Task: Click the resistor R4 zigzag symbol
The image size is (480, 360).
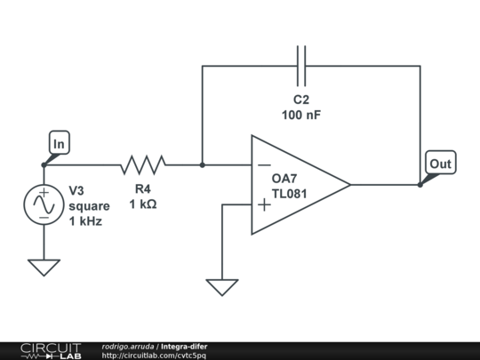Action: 143,165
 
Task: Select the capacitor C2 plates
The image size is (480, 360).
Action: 301,66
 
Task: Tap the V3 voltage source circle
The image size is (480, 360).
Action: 44,204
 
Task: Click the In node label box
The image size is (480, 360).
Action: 60,142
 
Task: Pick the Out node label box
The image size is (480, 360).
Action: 441,163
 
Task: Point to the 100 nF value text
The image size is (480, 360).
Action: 301,115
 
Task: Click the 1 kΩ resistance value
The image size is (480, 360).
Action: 143,204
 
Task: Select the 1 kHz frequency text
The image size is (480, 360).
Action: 85,221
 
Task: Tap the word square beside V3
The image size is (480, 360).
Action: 89,206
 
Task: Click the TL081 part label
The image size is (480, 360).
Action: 289,194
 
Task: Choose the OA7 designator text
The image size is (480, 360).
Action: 284,179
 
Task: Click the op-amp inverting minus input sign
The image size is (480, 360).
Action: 264,165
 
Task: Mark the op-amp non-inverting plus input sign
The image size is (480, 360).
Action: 264,204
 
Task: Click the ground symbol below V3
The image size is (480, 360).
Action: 44,268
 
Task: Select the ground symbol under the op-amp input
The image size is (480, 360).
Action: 222,287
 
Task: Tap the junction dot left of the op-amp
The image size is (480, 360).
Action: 203,165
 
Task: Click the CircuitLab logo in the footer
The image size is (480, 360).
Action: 51,351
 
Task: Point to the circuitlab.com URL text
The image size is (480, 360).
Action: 154,356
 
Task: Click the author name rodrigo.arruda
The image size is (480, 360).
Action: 128,347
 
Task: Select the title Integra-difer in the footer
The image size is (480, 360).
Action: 184,347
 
